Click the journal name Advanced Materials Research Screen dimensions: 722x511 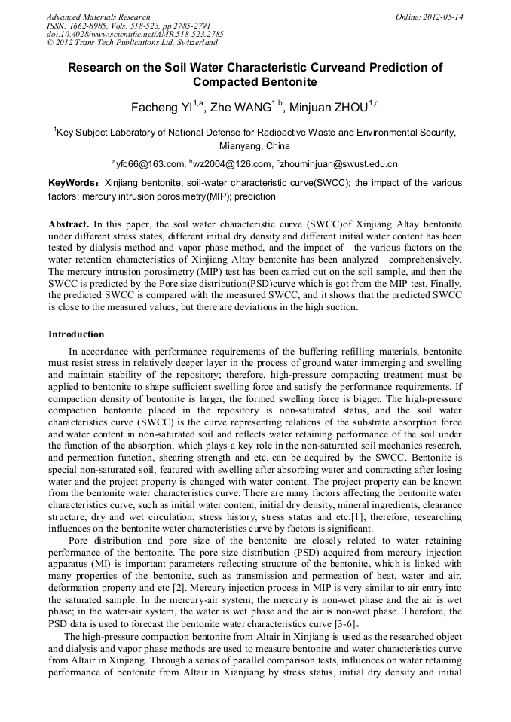98,17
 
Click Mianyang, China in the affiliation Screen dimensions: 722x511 255,146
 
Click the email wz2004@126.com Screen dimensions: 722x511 231,164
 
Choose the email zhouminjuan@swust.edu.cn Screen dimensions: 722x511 338,164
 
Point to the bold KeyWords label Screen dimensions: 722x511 72,183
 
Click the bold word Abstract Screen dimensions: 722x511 69,225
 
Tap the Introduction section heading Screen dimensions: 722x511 76,334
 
